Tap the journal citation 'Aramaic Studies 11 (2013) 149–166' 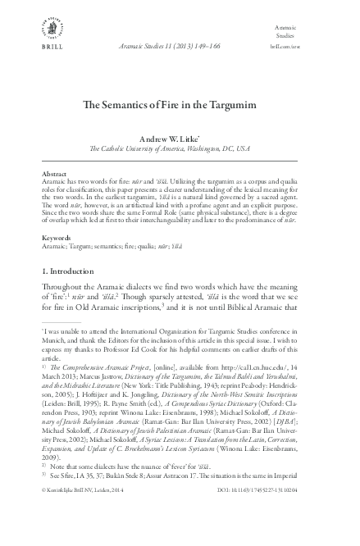tap(180, 49)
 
